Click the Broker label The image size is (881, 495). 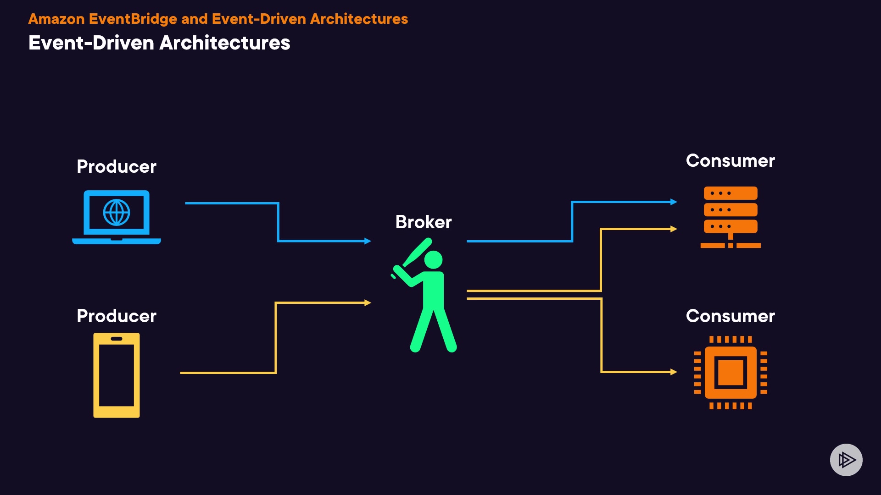(424, 222)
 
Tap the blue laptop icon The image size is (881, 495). (117, 217)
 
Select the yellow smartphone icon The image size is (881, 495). (117, 375)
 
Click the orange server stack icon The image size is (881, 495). (730, 216)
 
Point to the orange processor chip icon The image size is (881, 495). (730, 372)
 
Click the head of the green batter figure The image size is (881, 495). (433, 259)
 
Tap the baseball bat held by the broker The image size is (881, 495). (417, 253)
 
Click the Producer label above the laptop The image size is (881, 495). (117, 167)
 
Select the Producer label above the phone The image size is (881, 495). (117, 316)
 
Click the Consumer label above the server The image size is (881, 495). (730, 161)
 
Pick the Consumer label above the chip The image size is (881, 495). (730, 316)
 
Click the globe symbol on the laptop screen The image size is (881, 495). (117, 213)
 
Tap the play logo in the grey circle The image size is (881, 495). (846, 460)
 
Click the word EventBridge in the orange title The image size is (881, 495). (133, 19)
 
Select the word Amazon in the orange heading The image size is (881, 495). (56, 19)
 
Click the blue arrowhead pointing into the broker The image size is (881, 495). (368, 241)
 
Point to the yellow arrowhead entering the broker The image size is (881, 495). (368, 302)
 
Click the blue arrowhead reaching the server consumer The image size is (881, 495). (674, 202)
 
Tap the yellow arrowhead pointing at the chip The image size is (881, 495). (674, 372)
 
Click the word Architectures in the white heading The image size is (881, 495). (224, 43)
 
